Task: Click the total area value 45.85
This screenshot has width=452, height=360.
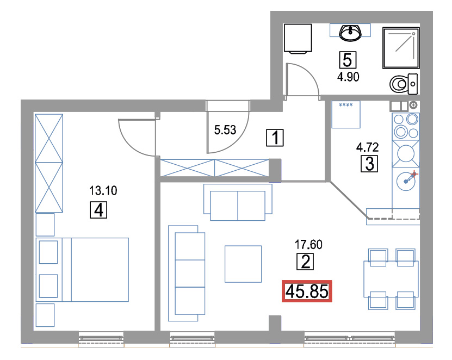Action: [307, 291]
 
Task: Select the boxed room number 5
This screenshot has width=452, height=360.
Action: [348, 60]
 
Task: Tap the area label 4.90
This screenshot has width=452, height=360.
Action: [348, 77]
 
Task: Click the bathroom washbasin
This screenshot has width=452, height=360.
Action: [350, 32]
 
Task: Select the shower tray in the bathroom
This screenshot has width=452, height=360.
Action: [401, 48]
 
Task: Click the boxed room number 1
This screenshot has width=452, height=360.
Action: [275, 138]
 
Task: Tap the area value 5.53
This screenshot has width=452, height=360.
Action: [225, 130]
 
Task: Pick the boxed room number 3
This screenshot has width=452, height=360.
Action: [369, 164]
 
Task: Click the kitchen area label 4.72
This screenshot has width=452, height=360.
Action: [367, 147]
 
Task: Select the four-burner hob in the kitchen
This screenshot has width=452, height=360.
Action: [406, 127]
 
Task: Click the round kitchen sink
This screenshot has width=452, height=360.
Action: [406, 181]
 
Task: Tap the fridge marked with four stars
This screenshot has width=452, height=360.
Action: [346, 114]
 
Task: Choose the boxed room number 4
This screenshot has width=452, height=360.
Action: [98, 210]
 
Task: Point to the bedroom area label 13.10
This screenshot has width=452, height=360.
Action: [103, 190]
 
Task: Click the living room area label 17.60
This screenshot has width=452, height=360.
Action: [308, 245]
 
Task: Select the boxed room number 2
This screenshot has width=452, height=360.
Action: [305, 262]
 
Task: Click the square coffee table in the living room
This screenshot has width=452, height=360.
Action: [243, 264]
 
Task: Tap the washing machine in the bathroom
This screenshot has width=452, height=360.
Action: [298, 38]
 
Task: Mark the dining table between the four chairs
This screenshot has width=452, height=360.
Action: [391, 279]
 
